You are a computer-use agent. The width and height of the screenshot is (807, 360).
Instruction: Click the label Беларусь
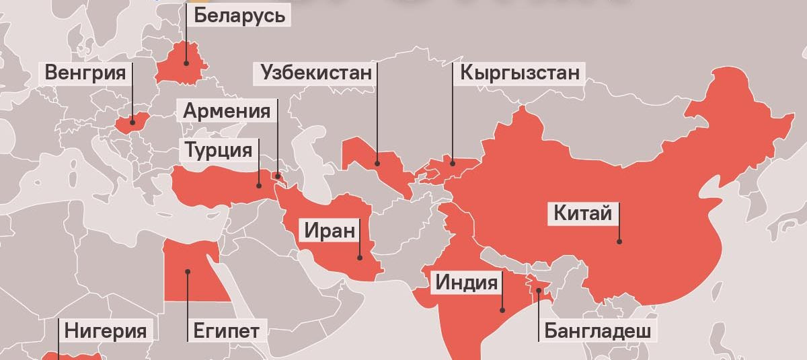(x=239, y=15)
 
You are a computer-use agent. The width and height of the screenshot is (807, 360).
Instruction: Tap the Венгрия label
(x=85, y=73)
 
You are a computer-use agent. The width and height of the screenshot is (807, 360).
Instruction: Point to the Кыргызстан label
(x=519, y=73)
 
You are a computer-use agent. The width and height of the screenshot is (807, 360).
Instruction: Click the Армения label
(x=227, y=110)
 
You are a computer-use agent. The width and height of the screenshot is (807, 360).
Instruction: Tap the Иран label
(x=329, y=231)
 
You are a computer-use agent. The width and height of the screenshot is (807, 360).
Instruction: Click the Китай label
(x=582, y=214)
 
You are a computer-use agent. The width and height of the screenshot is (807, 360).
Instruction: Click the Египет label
(x=226, y=330)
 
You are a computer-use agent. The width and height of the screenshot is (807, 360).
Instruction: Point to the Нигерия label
(x=106, y=330)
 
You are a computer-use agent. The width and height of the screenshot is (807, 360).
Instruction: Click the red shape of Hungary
(x=132, y=124)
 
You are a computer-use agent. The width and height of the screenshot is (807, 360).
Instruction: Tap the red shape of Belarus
(x=182, y=64)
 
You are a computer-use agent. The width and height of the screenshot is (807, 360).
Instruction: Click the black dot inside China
(x=619, y=240)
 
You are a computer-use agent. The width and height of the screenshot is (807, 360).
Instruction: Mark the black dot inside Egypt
(x=188, y=272)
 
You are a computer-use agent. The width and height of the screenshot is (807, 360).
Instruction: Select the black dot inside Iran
(x=360, y=256)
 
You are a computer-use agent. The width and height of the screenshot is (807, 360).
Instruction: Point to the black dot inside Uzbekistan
(x=377, y=163)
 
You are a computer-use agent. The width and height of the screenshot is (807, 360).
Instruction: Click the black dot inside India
(x=502, y=310)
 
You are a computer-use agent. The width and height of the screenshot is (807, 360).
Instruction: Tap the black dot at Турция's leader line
(x=259, y=185)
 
